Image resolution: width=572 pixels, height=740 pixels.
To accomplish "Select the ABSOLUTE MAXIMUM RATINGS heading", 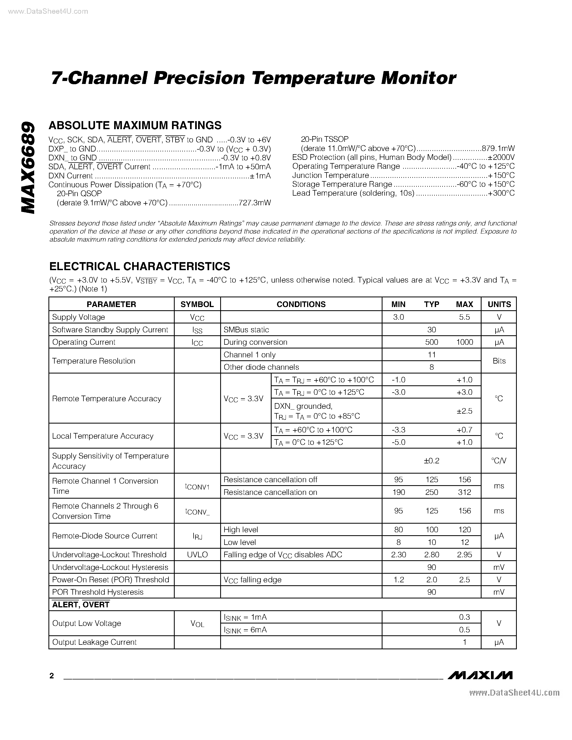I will pos(135,125).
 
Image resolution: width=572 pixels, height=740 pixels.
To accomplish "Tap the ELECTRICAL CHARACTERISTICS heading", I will pos(140,266).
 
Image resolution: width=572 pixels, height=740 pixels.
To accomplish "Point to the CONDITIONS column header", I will pos(301,304).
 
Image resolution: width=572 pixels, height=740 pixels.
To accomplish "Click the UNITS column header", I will pos(499,304).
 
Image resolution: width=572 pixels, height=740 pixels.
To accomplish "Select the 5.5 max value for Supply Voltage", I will pos(464,317).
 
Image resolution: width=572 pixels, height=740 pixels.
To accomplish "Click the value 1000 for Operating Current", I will pos(464,342).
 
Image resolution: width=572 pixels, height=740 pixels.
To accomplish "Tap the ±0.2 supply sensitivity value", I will pos(431,461).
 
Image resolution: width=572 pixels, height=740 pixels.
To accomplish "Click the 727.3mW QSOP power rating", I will pos(254,203).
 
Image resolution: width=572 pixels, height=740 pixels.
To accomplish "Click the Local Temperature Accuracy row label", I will pos(103,436).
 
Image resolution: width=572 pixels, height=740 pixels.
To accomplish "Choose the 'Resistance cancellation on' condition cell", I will pos(270,492).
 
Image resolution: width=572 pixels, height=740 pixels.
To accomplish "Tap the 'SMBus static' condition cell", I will pos(246,330).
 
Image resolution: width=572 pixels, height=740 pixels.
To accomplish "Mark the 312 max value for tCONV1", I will pos(464,492).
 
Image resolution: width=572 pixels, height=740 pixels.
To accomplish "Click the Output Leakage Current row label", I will pos(94,642).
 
